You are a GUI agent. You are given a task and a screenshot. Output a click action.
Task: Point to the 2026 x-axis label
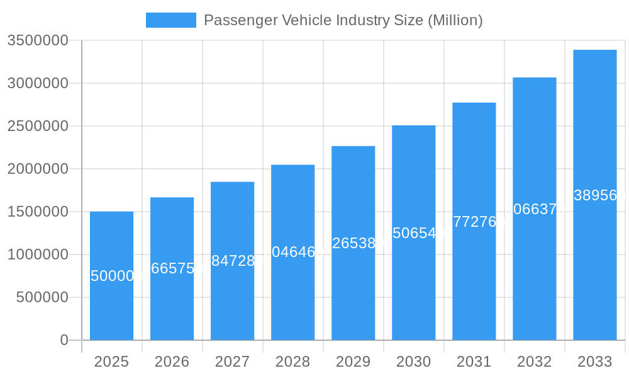click(172, 362)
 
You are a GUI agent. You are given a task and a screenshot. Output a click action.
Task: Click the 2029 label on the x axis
click(353, 362)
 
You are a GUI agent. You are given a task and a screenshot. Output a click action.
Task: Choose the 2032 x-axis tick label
click(534, 362)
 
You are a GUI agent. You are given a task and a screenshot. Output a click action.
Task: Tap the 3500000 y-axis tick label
click(38, 40)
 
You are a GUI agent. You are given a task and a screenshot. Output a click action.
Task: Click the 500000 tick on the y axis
click(42, 297)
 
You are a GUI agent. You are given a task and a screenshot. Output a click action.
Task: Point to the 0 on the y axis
click(64, 340)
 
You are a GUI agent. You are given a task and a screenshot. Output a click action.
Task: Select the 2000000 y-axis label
click(38, 169)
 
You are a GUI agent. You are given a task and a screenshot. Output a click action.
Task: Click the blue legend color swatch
click(170, 20)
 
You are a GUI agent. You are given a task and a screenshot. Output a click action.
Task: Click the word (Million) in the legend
click(455, 20)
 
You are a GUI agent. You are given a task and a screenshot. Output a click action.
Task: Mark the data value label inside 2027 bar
click(233, 261)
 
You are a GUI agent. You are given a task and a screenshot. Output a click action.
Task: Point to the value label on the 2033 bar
click(595, 195)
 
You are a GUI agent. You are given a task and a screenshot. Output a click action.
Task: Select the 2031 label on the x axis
click(474, 362)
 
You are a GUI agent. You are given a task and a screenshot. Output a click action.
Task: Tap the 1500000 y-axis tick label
click(38, 212)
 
